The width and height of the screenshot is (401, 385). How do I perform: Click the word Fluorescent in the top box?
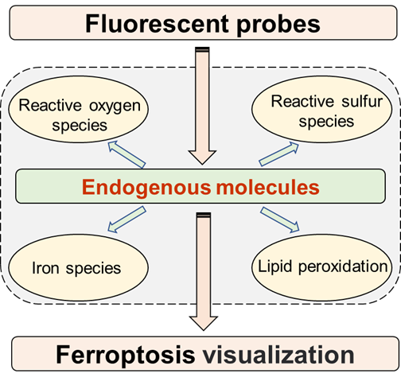click(157, 24)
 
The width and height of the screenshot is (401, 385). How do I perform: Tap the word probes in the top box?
click(278, 25)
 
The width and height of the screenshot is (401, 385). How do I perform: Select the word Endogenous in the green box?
click(146, 188)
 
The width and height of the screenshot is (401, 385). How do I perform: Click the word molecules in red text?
click(267, 187)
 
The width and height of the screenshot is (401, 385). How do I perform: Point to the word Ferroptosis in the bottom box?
click(126, 355)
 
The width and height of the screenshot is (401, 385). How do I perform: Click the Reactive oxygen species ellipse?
click(79, 109)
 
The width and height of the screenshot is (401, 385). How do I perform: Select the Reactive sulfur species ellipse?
click(321, 109)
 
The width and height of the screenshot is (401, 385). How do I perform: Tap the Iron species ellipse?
click(79, 267)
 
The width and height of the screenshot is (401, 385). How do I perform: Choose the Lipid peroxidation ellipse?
click(321, 267)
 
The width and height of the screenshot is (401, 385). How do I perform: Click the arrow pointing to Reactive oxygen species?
click(127, 154)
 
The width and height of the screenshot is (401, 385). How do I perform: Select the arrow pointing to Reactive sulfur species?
click(278, 154)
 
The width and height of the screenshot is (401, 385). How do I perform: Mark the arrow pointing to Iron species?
click(127, 220)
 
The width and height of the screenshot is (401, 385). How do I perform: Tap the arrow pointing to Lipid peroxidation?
click(280, 220)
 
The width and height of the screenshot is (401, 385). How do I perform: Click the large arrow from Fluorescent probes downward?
click(202, 106)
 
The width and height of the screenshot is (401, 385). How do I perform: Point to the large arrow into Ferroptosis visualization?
click(204, 271)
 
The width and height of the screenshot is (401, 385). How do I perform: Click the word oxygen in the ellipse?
click(115, 107)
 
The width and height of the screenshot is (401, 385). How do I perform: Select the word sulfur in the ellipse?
click(362, 102)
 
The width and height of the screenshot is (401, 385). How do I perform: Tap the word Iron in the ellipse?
click(45, 268)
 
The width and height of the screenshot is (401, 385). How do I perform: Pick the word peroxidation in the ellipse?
click(343, 267)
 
